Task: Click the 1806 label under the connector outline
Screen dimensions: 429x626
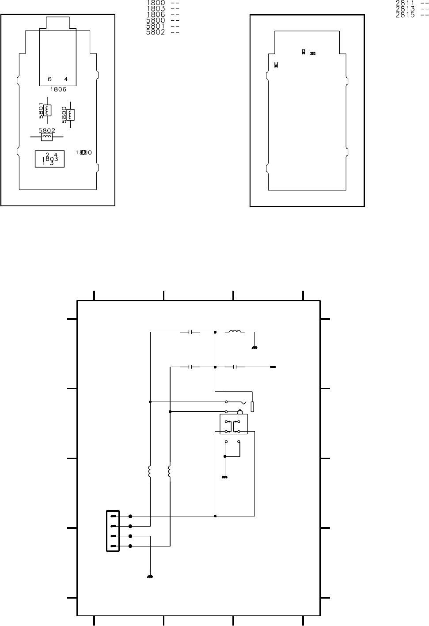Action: (x=58, y=89)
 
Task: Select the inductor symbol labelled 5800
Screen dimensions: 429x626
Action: (x=71, y=114)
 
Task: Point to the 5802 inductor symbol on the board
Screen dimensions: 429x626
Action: (x=46, y=137)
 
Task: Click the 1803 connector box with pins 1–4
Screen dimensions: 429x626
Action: (x=50, y=159)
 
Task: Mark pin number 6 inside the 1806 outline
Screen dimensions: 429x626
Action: (x=49, y=79)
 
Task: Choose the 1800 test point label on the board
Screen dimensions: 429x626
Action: (x=84, y=152)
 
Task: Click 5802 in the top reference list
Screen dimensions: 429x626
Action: (x=156, y=32)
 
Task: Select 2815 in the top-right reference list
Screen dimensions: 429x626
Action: (x=405, y=15)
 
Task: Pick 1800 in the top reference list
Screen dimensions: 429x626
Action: (x=156, y=3)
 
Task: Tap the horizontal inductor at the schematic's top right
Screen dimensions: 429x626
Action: (x=235, y=331)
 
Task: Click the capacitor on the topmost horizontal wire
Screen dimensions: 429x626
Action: (x=190, y=331)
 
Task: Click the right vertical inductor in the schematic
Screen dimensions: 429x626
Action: (x=170, y=471)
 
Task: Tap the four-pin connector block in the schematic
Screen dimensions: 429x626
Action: (x=113, y=531)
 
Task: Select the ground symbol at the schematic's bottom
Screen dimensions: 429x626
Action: (x=150, y=577)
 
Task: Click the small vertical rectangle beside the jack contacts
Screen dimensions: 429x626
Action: (x=252, y=406)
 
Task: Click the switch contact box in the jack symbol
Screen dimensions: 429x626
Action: (x=234, y=424)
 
